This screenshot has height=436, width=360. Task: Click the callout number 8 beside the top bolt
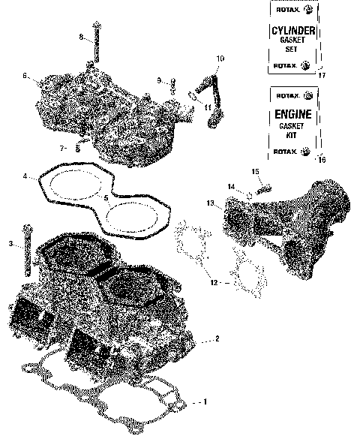coord(81,37)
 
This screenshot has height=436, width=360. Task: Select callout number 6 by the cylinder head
coord(25,76)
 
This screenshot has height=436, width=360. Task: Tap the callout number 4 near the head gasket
coord(25,177)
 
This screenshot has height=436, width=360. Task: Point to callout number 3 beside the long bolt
coord(10,244)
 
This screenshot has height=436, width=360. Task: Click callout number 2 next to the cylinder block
coord(217,339)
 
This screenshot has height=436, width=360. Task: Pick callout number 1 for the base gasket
coord(203,402)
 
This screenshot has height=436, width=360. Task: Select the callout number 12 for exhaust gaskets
coord(213,283)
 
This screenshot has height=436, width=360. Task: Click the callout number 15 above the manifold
coord(255,172)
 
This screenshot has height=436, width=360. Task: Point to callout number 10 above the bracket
coord(220,59)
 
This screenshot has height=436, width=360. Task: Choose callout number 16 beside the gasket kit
coord(322,159)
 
